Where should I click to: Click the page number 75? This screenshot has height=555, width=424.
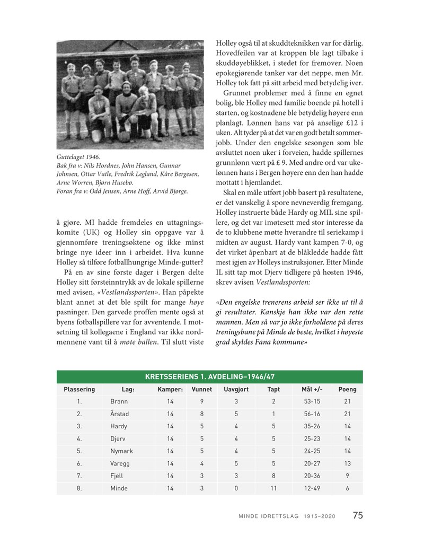[358, 515]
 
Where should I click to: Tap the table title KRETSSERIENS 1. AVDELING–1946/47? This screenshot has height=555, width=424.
[209, 377]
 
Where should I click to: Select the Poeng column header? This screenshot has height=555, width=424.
[347, 389]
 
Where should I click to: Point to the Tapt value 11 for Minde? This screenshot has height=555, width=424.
[273, 488]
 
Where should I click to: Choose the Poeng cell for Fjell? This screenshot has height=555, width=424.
[347, 476]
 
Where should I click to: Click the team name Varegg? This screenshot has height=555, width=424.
[120, 463]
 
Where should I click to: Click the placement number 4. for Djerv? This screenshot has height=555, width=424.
[79, 439]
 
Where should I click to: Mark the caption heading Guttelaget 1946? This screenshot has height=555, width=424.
[77, 157]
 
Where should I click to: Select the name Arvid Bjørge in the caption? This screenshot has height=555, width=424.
[169, 191]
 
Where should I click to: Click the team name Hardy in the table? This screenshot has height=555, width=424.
[119, 426]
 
